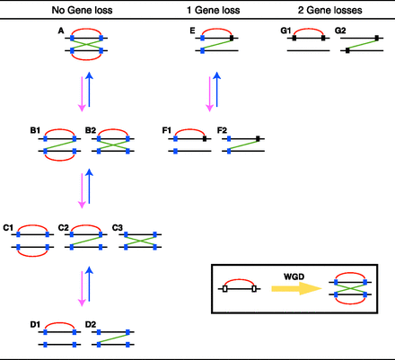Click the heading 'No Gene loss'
[x=82, y=10]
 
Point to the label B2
[x=91, y=131]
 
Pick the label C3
[x=118, y=228]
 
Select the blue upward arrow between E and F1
[x=218, y=92]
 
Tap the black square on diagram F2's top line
[x=259, y=138]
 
